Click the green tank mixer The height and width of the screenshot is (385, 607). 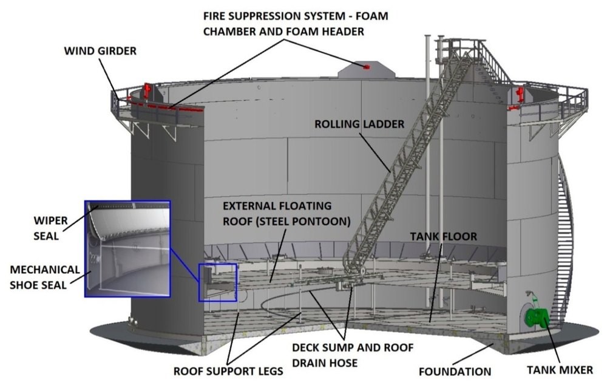[x=537, y=316]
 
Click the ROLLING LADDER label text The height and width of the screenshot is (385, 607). [x=359, y=124]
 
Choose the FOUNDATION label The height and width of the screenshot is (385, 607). [x=454, y=371]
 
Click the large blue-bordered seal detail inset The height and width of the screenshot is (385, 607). [x=127, y=248]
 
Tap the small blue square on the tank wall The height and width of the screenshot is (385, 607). [x=217, y=282]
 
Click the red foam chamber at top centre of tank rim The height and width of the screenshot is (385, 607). [x=366, y=66]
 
